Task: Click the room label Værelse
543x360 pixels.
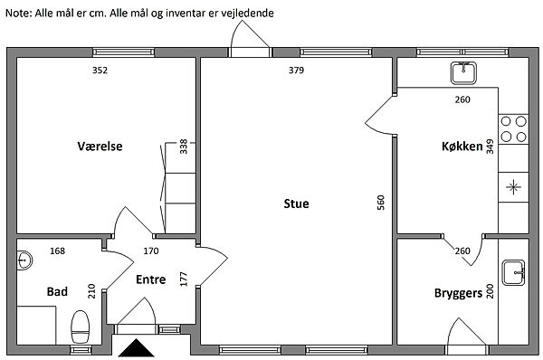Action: click(100, 146)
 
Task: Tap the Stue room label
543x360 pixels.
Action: click(296, 204)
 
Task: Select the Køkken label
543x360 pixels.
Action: click(462, 146)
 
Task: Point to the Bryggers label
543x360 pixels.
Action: click(458, 294)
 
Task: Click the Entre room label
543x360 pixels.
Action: click(150, 279)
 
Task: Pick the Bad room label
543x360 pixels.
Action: click(57, 291)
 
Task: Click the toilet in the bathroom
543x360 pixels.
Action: click(80, 327)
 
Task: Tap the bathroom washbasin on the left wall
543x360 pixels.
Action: click(24, 260)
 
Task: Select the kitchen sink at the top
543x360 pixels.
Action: click(463, 73)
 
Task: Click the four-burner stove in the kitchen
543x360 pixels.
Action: click(513, 129)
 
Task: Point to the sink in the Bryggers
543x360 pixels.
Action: click(514, 273)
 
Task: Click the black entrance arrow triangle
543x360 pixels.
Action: click(136, 347)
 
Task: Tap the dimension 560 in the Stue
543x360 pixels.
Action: click(381, 203)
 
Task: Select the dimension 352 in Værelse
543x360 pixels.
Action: click(100, 71)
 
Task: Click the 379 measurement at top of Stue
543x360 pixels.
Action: click(296, 71)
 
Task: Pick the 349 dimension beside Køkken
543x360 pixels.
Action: click(490, 147)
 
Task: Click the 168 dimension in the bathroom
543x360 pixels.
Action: click(57, 251)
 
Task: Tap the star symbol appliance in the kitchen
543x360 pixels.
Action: click(513, 187)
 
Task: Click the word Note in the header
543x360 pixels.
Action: click(18, 14)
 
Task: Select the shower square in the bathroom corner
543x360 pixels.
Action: click(36, 325)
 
